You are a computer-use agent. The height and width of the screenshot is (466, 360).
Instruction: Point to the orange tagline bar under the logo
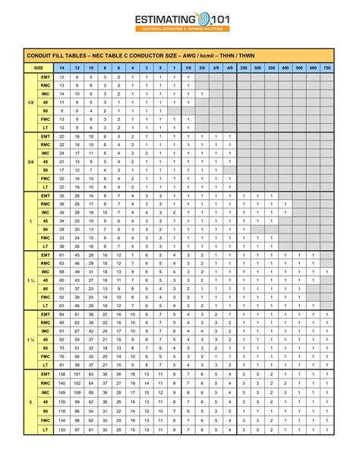(x=180, y=30)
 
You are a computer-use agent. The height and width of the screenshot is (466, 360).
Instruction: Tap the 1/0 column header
(x=187, y=68)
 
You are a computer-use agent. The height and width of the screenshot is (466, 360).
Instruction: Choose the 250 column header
(x=243, y=68)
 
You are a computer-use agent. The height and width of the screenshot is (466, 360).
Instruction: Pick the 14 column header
(x=62, y=68)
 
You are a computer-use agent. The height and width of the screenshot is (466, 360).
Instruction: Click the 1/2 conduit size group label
(x=30, y=102)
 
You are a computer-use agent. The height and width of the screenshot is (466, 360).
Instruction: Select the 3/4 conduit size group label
(x=30, y=161)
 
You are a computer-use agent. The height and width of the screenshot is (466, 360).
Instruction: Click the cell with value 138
(x=62, y=374)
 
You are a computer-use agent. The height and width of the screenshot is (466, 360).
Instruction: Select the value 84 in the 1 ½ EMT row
(x=62, y=314)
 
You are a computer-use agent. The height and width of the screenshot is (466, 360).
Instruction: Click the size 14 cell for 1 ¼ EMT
(x=62, y=255)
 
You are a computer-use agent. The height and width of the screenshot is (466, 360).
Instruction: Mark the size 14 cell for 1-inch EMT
(x=62, y=195)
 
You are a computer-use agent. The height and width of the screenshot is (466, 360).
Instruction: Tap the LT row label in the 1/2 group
(x=45, y=128)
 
